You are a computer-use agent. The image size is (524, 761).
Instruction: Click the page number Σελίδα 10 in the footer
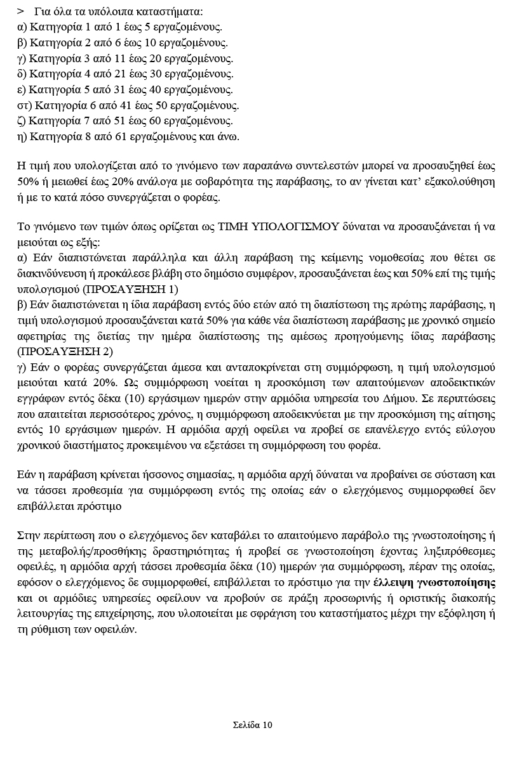(x=252, y=725)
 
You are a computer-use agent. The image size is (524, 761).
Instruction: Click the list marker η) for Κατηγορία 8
(x=22, y=136)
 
